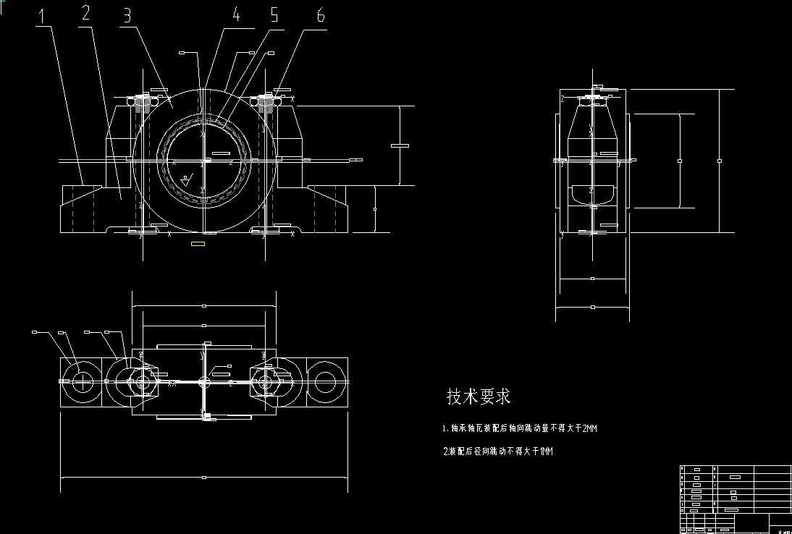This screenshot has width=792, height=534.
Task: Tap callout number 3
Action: tap(127, 15)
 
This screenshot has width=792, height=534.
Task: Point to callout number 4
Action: tap(235, 14)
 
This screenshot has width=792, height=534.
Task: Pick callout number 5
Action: tap(274, 15)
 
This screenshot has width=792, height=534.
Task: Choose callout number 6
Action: tap(320, 16)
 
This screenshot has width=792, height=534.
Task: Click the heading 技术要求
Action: tap(479, 397)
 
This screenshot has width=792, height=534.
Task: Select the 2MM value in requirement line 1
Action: tap(589, 429)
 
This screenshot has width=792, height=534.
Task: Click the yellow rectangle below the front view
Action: tap(198, 245)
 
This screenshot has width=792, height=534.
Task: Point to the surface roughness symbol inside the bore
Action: tap(187, 179)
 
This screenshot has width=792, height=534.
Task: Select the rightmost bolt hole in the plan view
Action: tap(324, 381)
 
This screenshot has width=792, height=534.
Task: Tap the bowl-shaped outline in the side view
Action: tap(592, 193)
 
